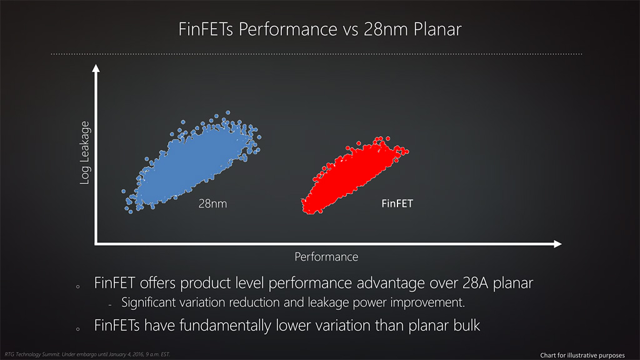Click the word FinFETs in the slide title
coord(206,29)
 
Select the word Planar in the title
coord(437,29)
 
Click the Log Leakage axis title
coord(84,152)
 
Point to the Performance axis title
coord(326,257)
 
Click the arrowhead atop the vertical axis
coord(96,68)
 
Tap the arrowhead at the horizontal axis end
coord(557,244)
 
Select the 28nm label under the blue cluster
coord(212,203)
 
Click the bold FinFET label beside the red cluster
coord(397,203)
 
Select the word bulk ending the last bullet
coord(467,325)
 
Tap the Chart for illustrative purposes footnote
coord(582,355)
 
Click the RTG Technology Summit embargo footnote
coord(87,354)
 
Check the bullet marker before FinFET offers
coord(78,287)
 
